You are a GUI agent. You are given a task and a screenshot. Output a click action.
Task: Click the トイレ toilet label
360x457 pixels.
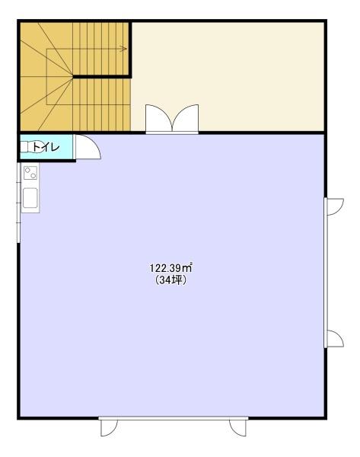46,147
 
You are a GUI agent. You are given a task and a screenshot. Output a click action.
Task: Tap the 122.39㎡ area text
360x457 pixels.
171,268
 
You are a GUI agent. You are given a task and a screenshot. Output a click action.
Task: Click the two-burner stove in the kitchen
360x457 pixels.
30,173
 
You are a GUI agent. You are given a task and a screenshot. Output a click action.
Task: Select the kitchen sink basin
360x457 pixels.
30,197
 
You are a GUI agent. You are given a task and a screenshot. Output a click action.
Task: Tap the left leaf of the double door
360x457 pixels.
159,118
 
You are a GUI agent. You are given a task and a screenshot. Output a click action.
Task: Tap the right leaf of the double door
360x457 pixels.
186,118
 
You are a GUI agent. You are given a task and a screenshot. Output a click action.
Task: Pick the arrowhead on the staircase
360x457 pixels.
124,49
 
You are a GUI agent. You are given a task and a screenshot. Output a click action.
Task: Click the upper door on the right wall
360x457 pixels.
335,206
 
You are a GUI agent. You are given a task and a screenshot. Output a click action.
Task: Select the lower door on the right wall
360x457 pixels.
335,339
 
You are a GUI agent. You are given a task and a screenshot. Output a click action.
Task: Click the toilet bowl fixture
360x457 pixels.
27,147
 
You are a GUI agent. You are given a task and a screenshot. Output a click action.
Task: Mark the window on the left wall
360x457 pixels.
18,203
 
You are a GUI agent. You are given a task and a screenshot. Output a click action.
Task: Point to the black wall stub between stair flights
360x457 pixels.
102,77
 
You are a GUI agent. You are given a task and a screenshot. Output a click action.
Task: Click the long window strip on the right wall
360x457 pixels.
325,273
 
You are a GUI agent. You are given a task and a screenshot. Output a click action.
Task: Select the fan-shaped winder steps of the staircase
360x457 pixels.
46,76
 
